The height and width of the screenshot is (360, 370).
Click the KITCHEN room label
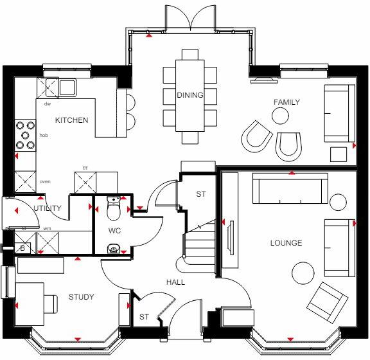click(71, 120)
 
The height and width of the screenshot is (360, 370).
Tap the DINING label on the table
click(190, 96)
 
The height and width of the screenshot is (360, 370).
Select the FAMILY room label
click(286, 102)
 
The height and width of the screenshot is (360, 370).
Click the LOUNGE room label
click(286, 242)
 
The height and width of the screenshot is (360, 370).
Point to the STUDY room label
click(81, 297)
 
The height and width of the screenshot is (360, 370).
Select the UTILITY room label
click(48, 208)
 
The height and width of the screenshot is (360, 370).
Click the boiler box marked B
click(22, 247)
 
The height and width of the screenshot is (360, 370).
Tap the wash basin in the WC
click(114, 248)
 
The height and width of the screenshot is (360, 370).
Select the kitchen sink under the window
click(67, 85)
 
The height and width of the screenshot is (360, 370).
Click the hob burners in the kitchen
click(26, 135)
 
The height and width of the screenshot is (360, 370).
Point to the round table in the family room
click(280, 116)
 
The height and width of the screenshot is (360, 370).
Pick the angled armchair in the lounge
click(324, 298)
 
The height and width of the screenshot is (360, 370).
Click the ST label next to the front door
click(143, 316)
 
